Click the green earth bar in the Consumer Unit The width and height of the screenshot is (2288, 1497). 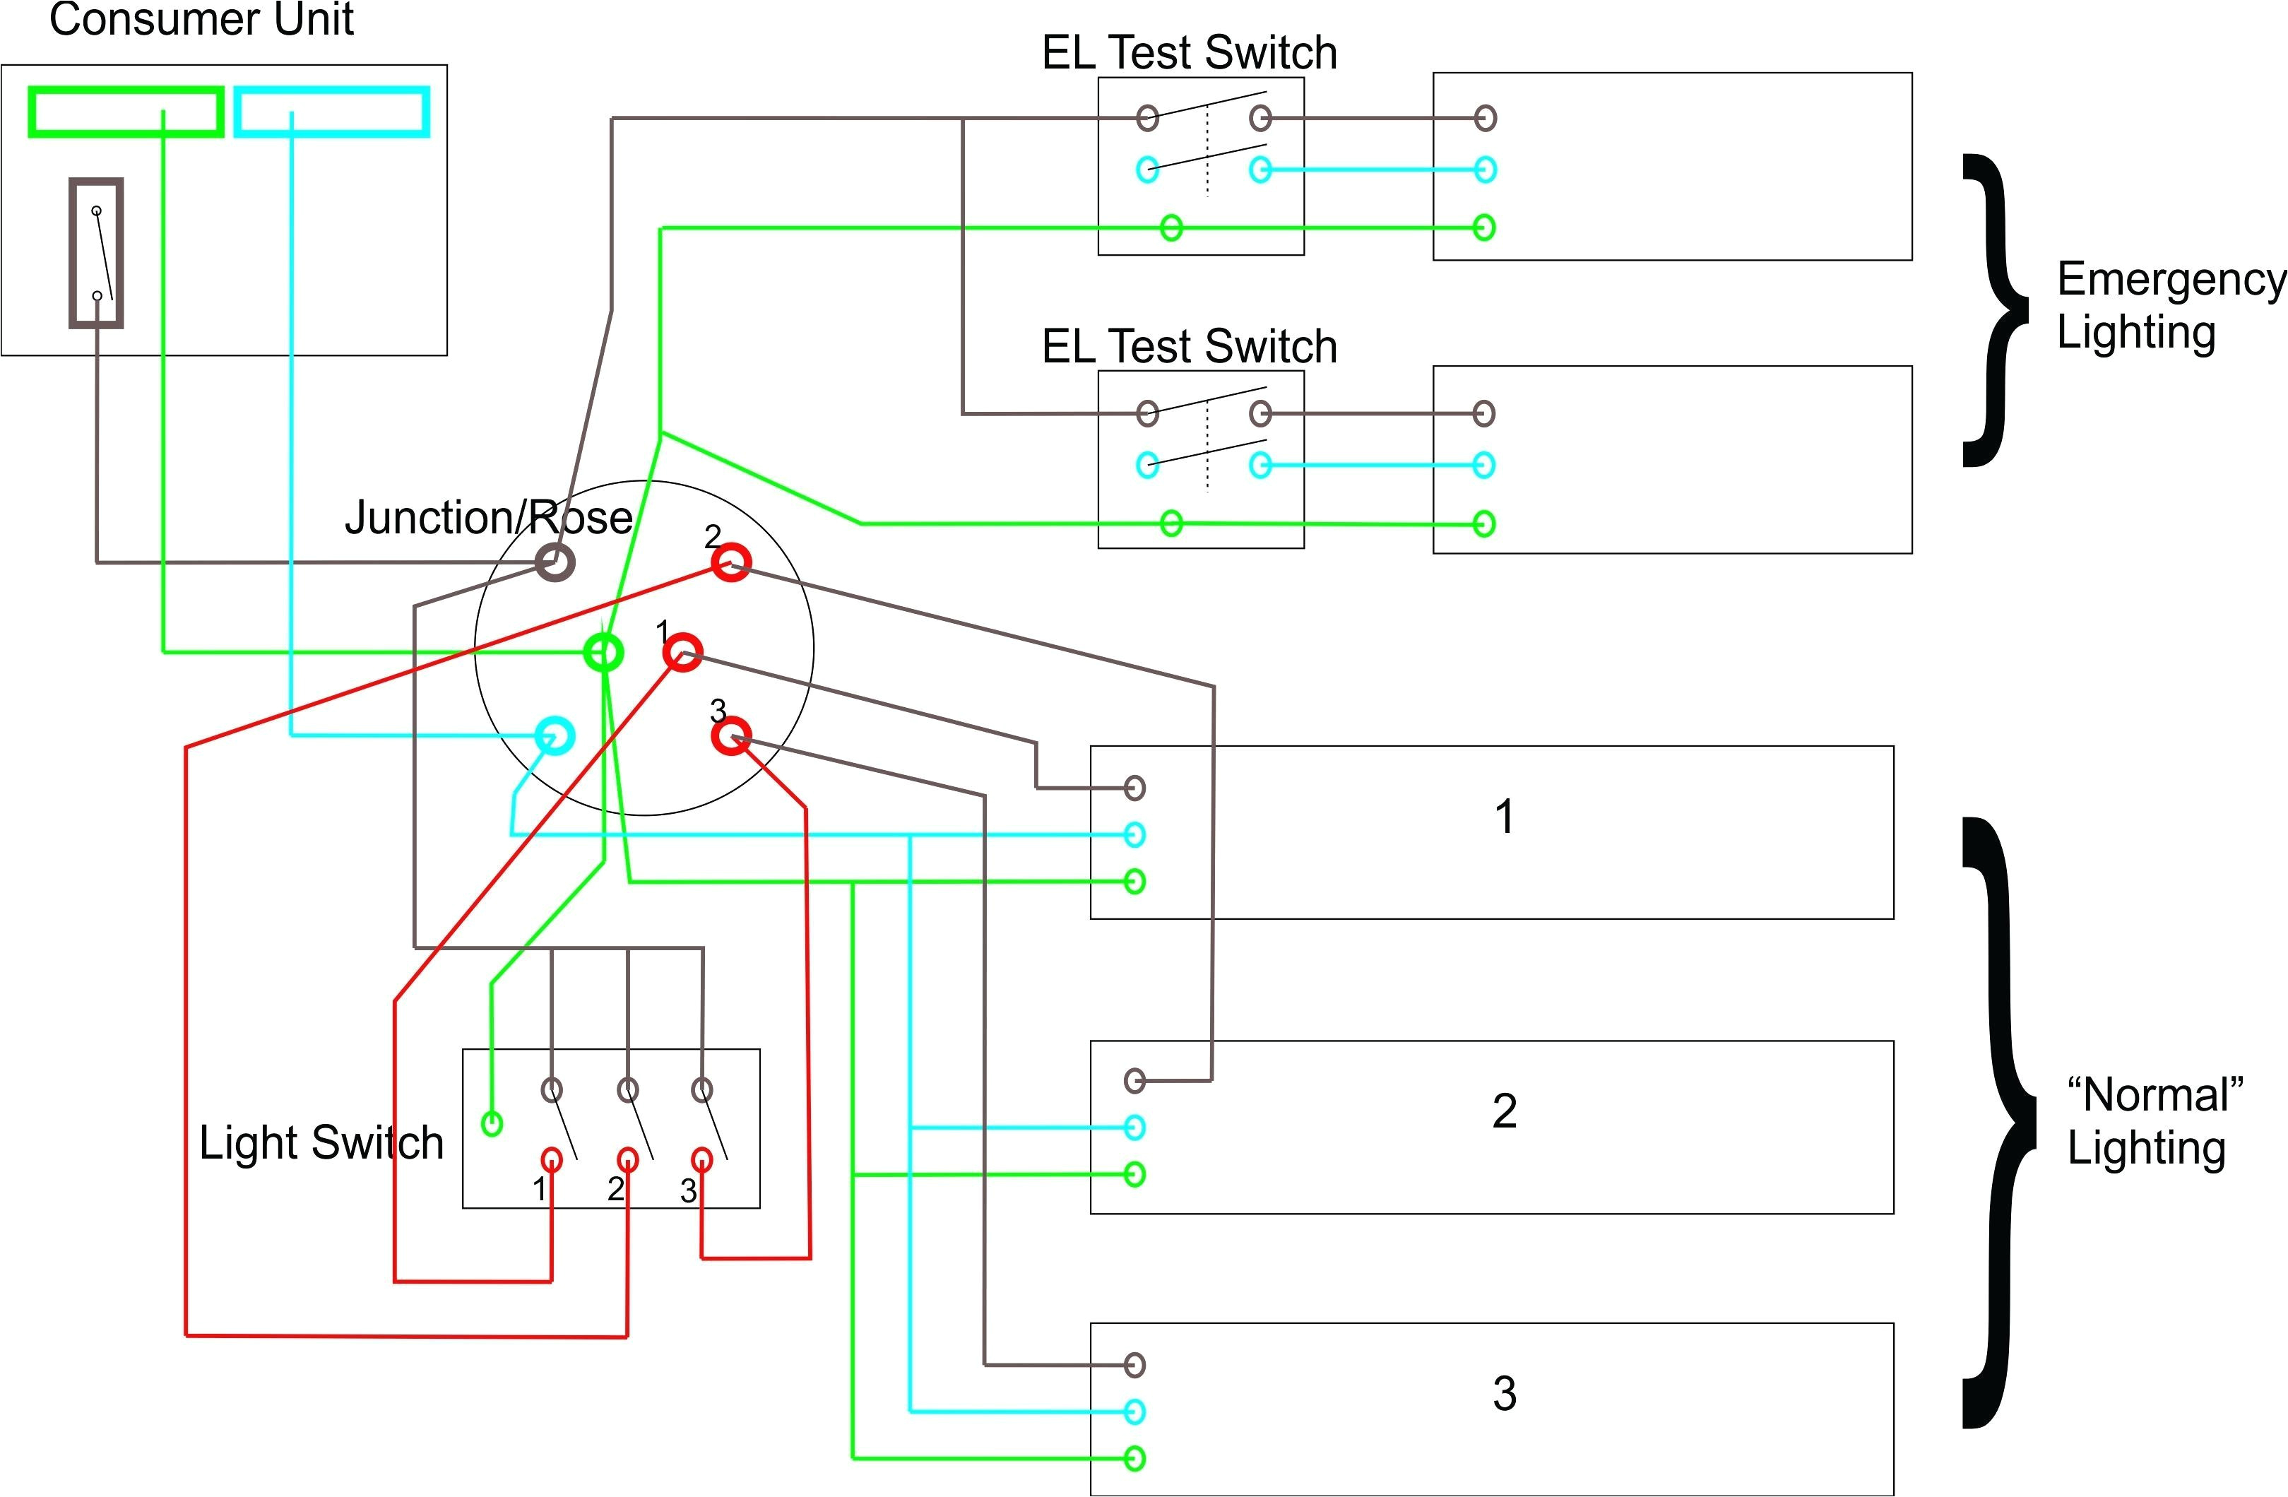[x=125, y=112]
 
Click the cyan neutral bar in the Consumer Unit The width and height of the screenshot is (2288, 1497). [x=332, y=112]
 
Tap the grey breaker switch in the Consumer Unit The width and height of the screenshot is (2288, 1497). [x=96, y=253]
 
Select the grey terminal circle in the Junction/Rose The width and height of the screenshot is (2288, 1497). [x=555, y=562]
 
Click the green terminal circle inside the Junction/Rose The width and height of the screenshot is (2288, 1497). [x=604, y=653]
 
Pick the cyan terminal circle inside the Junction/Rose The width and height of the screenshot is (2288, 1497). [x=555, y=736]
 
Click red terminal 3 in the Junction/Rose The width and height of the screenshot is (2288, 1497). [x=732, y=738]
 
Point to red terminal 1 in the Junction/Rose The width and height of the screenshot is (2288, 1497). [x=682, y=652]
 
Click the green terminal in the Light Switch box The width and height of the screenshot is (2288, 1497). [x=491, y=1123]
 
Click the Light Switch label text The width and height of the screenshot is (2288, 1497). [x=321, y=1143]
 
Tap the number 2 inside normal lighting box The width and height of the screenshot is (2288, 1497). [x=1505, y=1111]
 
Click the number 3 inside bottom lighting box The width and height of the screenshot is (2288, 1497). [x=1505, y=1394]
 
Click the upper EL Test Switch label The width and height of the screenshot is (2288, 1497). [x=1189, y=52]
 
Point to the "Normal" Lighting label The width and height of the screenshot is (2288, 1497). [x=2153, y=1121]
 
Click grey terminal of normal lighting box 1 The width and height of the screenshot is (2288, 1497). [x=1134, y=788]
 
